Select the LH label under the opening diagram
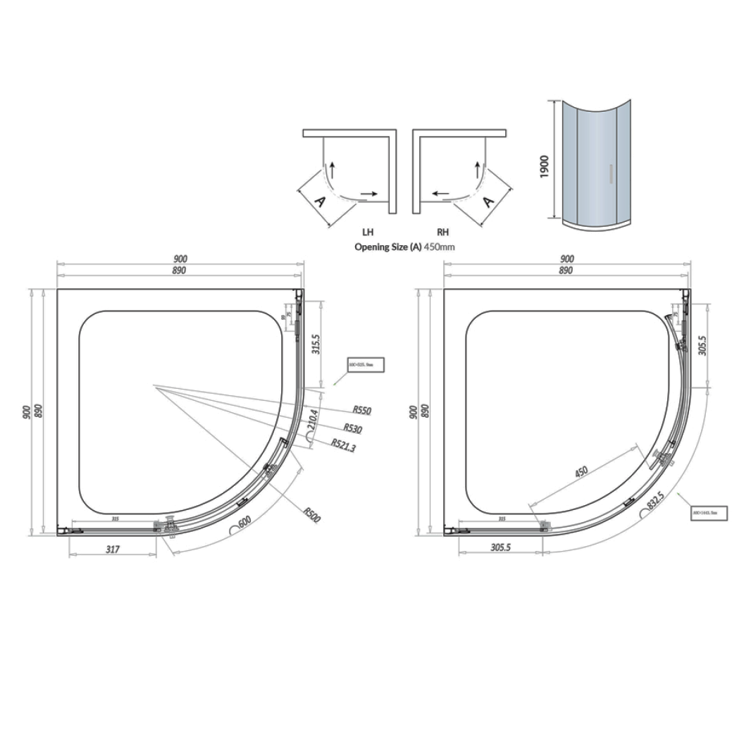[x=368, y=232]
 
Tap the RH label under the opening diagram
[x=442, y=232]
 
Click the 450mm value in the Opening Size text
[x=439, y=247]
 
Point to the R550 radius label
[x=362, y=410]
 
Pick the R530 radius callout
[x=353, y=428]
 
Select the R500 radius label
[x=312, y=514]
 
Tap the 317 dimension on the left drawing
[x=112, y=550]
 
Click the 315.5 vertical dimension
[x=316, y=344]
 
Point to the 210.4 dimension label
[x=314, y=421]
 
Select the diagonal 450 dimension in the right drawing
[x=581, y=471]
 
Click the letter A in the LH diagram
[x=318, y=201]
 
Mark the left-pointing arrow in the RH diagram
[x=442, y=192]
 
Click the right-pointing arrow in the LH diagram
[x=368, y=192]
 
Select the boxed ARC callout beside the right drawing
[x=709, y=513]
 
